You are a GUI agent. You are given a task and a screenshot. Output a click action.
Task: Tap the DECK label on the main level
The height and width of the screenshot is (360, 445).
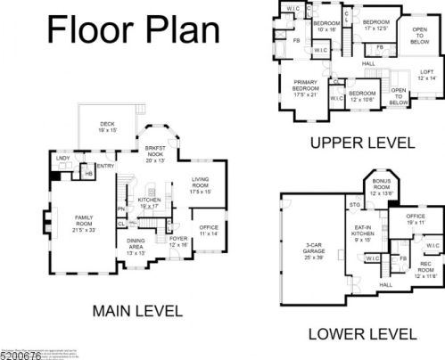click(108, 127)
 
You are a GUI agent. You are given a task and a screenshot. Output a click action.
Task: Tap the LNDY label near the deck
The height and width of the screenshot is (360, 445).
click(62, 159)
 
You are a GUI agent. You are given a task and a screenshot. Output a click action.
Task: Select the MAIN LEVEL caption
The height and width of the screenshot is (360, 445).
click(137, 311)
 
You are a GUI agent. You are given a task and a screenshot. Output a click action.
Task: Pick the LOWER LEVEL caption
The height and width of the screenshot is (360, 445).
click(361, 334)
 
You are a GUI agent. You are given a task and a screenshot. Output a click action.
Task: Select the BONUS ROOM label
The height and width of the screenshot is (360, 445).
click(382, 190)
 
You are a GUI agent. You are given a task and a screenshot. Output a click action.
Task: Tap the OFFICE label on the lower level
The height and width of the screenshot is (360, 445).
click(416, 218)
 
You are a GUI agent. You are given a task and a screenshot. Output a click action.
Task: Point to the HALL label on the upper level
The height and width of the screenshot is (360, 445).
click(368, 64)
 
